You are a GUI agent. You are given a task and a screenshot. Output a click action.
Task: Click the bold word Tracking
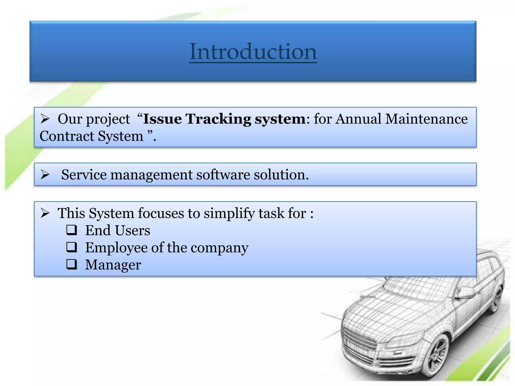coord(218,119)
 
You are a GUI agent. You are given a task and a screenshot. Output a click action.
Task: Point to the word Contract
coord(67,136)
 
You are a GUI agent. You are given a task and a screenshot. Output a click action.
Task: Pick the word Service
coord(84,175)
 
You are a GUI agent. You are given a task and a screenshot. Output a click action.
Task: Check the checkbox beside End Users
coord(72,230)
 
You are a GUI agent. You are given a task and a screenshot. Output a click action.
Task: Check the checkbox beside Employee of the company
coord(72,247)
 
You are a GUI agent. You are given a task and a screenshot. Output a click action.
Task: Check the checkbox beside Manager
coord(72,264)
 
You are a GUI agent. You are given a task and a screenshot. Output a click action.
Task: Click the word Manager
coord(113,265)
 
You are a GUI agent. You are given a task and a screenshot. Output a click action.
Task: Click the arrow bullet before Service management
coord(45,175)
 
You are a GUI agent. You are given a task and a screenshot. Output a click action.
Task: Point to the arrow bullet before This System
coord(45,213)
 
